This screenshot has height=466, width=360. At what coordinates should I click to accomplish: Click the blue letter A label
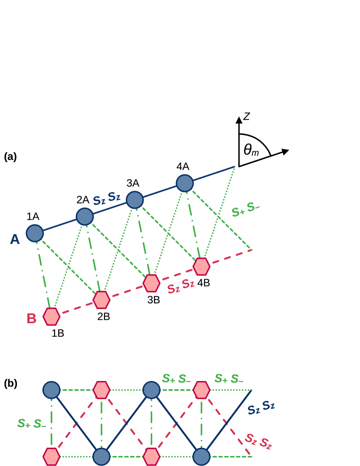click(15, 239)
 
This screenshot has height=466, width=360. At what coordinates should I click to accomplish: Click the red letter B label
click(32, 319)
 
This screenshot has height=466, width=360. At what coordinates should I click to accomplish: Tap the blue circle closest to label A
click(35, 233)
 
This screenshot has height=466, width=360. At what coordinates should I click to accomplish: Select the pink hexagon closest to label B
click(51, 316)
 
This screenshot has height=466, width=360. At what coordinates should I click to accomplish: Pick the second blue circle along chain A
click(85, 216)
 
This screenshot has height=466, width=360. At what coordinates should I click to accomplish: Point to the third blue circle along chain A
click(135, 200)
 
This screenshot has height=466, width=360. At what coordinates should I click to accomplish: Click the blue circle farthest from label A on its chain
click(185, 183)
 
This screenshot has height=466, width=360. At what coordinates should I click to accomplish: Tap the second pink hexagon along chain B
click(101, 300)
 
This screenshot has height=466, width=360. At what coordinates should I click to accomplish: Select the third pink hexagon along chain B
click(151, 283)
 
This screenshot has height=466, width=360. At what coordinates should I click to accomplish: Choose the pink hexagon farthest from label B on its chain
click(201, 267)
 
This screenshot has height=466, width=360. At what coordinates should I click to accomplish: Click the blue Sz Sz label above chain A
click(107, 199)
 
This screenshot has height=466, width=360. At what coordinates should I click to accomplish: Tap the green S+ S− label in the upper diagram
click(245, 209)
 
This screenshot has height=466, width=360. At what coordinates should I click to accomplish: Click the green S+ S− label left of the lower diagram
click(32, 424)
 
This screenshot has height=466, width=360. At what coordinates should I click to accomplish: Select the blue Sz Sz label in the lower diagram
click(261, 407)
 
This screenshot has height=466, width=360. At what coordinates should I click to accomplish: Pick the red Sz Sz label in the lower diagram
click(258, 441)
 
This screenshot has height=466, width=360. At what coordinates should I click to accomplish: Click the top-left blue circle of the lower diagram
click(51, 390)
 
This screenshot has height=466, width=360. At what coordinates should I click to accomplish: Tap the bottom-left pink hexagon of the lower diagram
click(51, 456)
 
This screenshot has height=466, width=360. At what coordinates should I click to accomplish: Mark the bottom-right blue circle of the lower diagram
click(201, 456)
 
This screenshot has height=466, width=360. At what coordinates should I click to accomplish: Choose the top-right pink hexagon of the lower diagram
click(201, 390)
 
